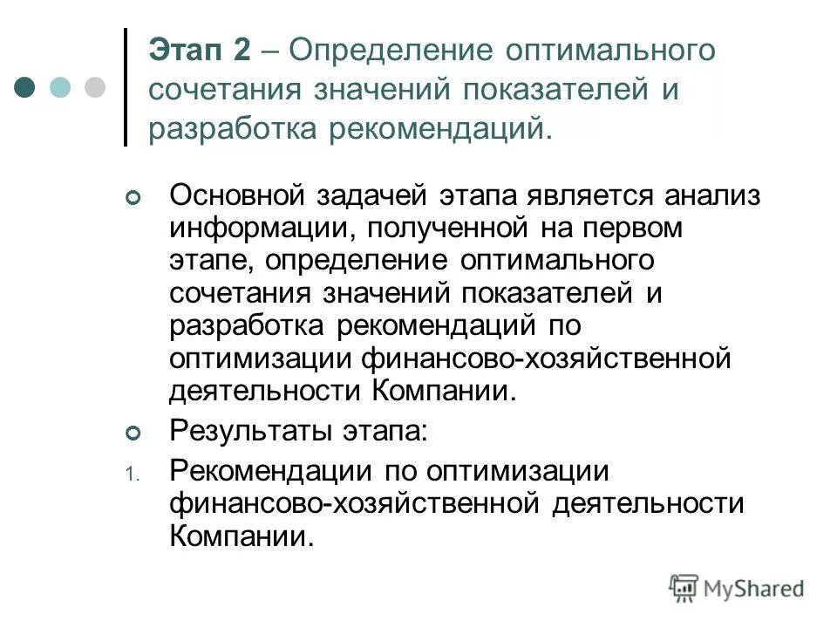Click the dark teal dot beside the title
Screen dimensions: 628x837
[25, 87]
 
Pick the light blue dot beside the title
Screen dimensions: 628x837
[60, 87]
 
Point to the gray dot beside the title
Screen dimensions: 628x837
[94, 87]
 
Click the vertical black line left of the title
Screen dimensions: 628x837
[126, 87]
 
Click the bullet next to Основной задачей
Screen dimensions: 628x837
[133, 199]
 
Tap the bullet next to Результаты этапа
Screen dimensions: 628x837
[133, 433]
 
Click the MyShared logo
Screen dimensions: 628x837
[737, 588]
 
